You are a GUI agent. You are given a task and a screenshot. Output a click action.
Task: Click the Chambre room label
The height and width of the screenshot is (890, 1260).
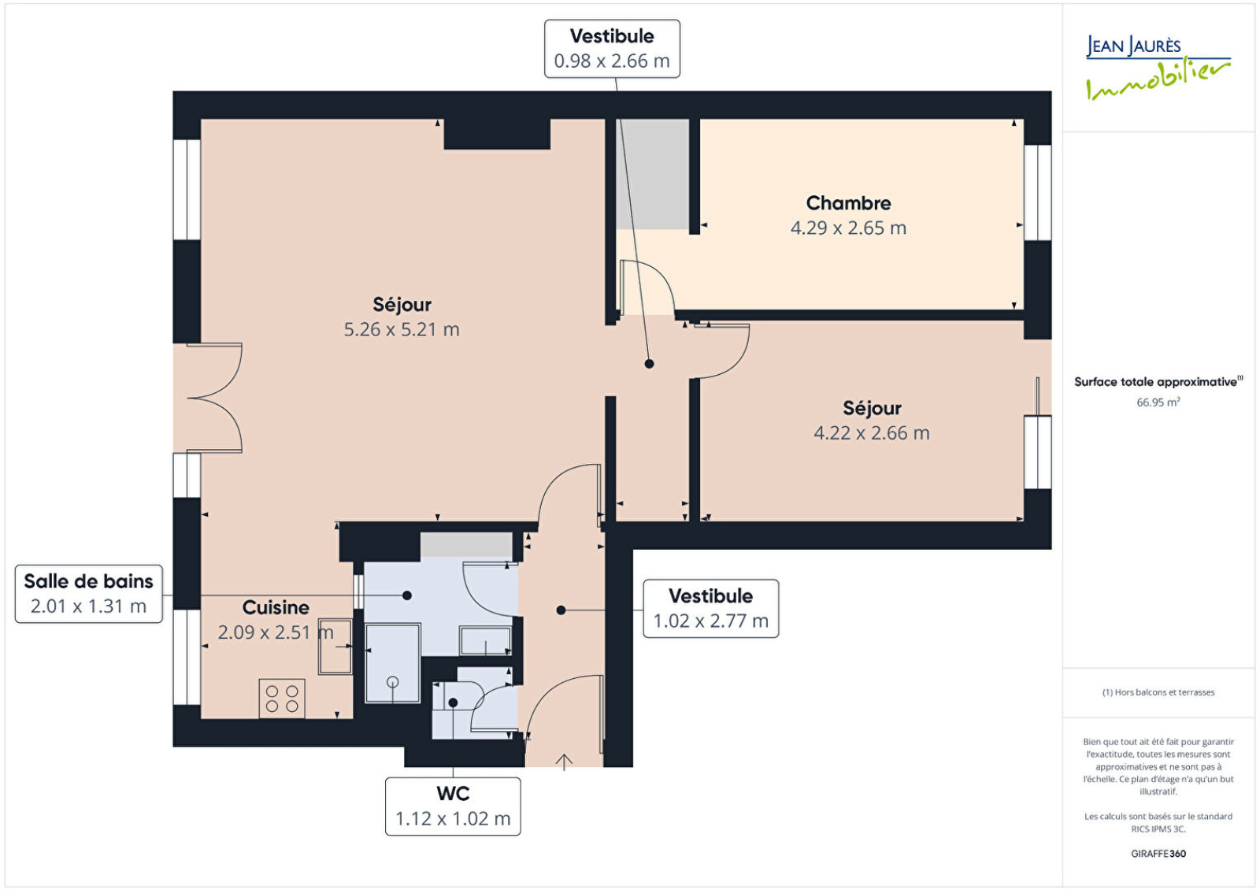[848, 203]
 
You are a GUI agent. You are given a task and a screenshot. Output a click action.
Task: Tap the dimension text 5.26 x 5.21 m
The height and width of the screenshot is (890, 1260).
[402, 330]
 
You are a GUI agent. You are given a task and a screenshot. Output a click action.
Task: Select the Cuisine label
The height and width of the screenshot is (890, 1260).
[276, 607]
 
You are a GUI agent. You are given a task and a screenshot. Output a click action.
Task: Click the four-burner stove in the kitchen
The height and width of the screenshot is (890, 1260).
[282, 698]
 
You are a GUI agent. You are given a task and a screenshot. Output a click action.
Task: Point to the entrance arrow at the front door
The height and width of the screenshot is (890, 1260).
[564, 762]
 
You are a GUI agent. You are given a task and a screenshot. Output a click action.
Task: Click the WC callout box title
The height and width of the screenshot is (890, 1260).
[453, 794]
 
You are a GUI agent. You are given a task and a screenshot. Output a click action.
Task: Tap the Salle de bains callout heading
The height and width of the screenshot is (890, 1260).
[88, 581]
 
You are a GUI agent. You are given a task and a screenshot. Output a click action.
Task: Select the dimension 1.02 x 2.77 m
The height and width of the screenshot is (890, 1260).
[710, 621]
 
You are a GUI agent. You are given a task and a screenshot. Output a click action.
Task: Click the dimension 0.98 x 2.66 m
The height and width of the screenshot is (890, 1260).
[612, 61]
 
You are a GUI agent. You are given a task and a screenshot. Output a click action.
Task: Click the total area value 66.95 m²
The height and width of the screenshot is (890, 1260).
[1158, 402]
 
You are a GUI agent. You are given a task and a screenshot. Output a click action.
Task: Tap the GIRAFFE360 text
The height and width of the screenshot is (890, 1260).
[1158, 854]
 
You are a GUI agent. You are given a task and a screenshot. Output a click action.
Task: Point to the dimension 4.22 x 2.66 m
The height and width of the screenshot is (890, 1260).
[871, 433]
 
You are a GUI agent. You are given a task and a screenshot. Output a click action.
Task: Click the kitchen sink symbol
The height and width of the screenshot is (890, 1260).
[335, 647]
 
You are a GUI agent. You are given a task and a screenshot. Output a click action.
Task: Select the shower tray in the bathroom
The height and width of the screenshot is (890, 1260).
[393, 663]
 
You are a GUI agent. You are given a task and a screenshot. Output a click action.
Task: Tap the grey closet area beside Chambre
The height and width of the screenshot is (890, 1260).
[653, 174]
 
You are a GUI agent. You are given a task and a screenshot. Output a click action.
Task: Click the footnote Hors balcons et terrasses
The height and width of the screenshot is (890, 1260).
[1158, 692]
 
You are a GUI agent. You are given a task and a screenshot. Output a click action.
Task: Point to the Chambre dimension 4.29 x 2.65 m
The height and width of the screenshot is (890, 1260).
[848, 228]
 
